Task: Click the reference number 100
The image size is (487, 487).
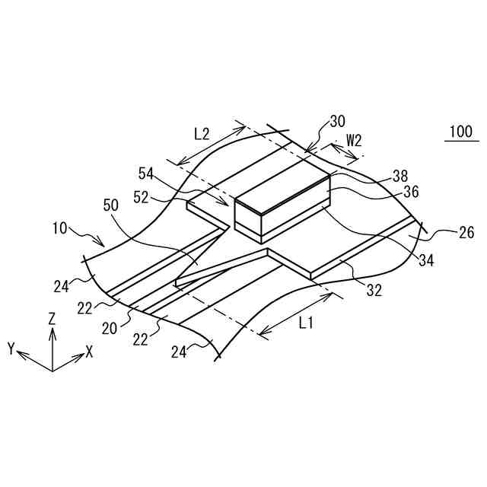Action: pyautogui.click(x=460, y=132)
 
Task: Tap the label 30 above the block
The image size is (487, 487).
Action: pyautogui.click(x=337, y=121)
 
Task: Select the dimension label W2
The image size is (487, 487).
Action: pyautogui.click(x=354, y=140)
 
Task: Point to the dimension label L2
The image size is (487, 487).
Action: pyautogui.click(x=202, y=133)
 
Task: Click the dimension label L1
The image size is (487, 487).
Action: pyautogui.click(x=306, y=323)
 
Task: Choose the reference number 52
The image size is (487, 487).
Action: pyautogui.click(x=142, y=196)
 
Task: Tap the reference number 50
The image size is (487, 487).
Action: pyautogui.click(x=112, y=205)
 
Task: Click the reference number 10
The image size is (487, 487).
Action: pyautogui.click(x=61, y=227)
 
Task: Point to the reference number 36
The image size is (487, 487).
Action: pyautogui.click(x=411, y=192)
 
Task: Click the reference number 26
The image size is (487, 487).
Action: pyautogui.click(x=466, y=232)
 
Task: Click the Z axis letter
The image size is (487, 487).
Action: pyautogui.click(x=52, y=319)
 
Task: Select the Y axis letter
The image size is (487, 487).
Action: pyautogui.click(x=11, y=349)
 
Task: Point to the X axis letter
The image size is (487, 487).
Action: pyautogui.click(x=89, y=352)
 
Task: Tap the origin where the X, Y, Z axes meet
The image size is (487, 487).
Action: pyautogui.click(x=52, y=370)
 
